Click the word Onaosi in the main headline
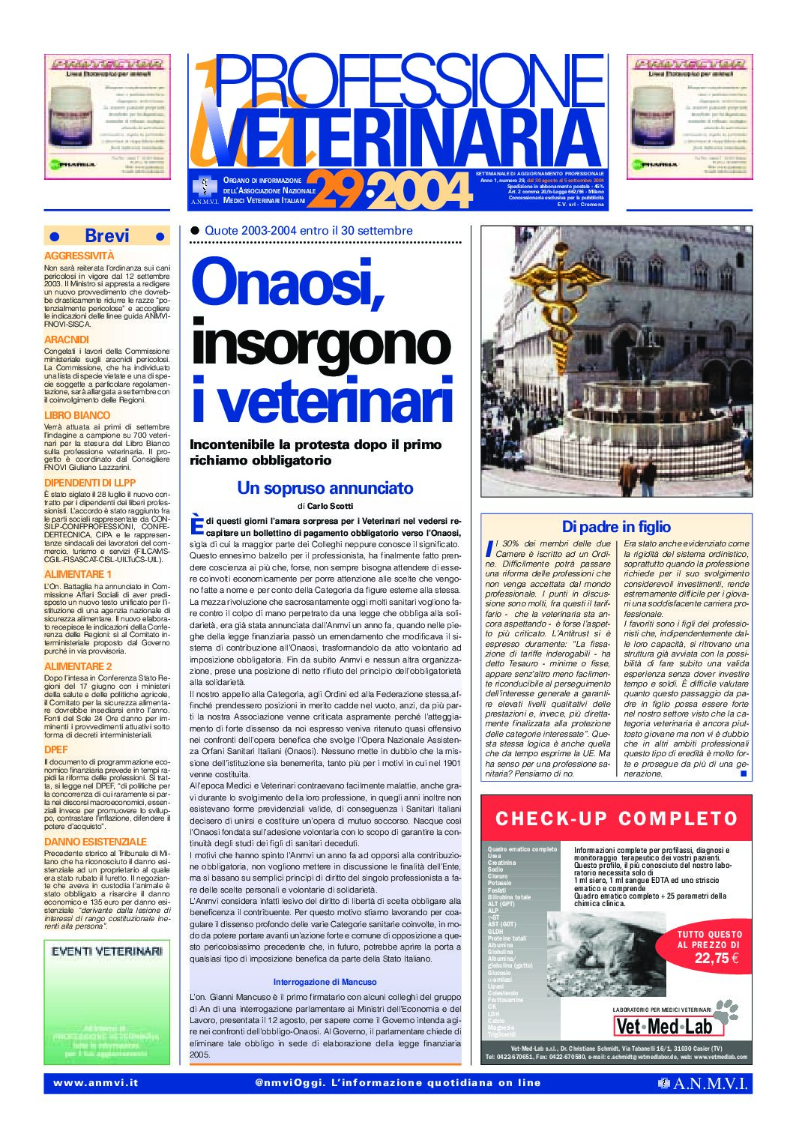(289, 282)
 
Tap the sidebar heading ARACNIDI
(67, 340)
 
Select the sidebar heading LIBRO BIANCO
(77, 415)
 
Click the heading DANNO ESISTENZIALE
(95, 842)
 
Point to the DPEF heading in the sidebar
(56, 749)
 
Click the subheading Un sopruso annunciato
(325, 488)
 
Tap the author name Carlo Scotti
(330, 507)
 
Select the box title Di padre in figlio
(616, 527)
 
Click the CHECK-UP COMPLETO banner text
(616, 818)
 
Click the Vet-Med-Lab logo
(663, 1025)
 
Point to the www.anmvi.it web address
(95, 1083)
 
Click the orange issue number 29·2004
(390, 191)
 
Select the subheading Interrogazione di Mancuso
(325, 982)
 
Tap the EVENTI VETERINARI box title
(107, 951)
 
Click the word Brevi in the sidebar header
(107, 236)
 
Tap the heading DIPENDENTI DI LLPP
(90, 483)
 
